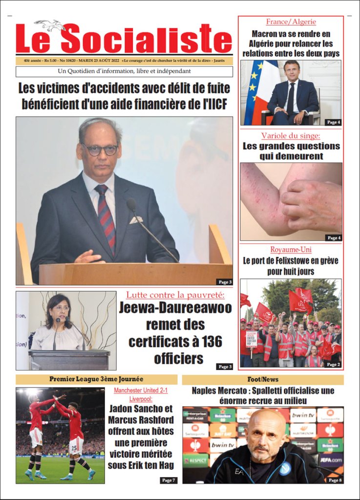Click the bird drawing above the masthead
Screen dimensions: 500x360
click(x=50, y=25)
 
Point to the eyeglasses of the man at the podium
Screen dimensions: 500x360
click(x=100, y=149)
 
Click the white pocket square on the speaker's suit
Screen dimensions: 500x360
click(x=136, y=220)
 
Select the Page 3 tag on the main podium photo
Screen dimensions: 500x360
click(x=224, y=282)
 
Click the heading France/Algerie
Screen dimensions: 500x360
click(x=291, y=22)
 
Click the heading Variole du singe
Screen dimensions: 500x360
click(x=291, y=135)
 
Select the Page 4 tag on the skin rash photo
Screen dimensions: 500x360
click(x=334, y=238)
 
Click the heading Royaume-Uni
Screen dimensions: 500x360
click(x=291, y=250)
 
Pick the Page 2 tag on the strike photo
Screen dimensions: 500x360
click(x=333, y=364)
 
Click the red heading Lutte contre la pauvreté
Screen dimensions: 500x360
click(x=175, y=295)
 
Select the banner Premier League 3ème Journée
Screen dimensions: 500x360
click(x=96, y=379)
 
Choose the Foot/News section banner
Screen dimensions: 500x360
click(x=262, y=379)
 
